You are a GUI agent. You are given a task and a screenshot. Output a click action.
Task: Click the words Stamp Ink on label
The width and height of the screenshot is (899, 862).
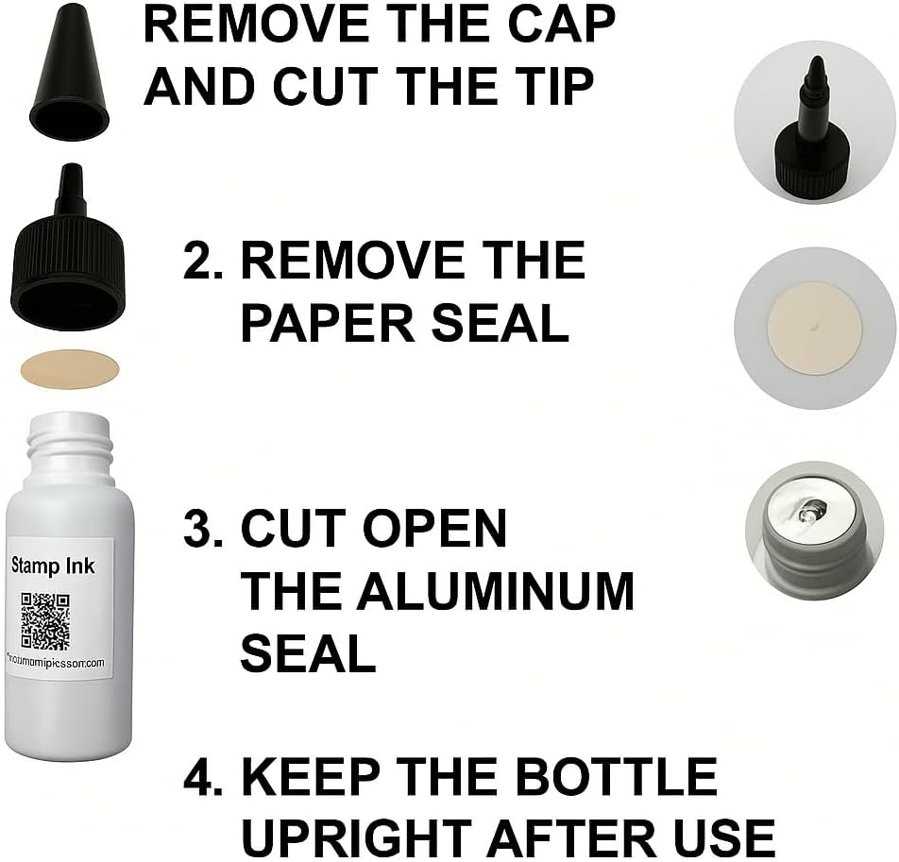click(52, 566)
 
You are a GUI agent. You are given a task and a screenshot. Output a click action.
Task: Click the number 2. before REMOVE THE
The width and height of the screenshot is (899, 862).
click(203, 261)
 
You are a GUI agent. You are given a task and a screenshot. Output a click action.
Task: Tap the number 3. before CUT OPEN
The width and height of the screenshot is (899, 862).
click(203, 529)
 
